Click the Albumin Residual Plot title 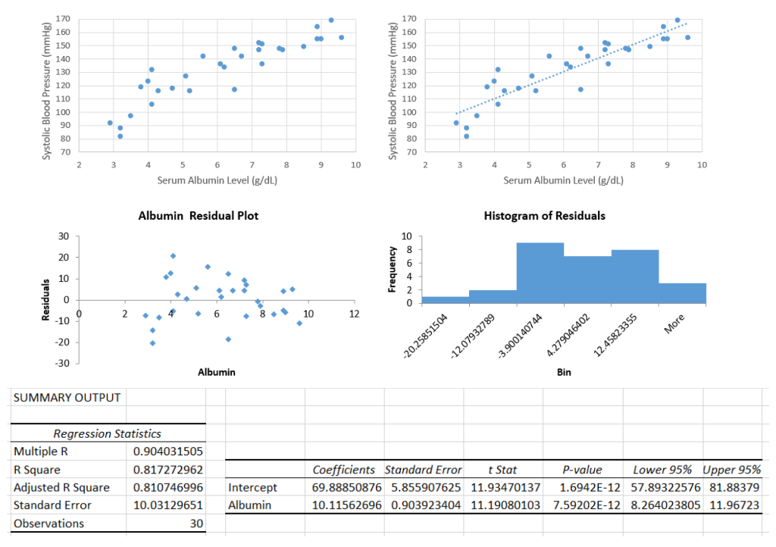[x=198, y=216]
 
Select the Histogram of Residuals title [x=544, y=216]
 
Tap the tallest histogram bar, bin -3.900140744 [x=540, y=273]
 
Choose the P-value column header [x=581, y=470]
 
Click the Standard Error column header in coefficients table [x=423, y=470]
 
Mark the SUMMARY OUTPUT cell [x=67, y=398]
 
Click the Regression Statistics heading [x=107, y=434]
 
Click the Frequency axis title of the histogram [x=393, y=270]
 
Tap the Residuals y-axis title [x=47, y=299]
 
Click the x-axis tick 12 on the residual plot [x=354, y=314]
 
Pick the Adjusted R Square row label [x=61, y=487]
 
